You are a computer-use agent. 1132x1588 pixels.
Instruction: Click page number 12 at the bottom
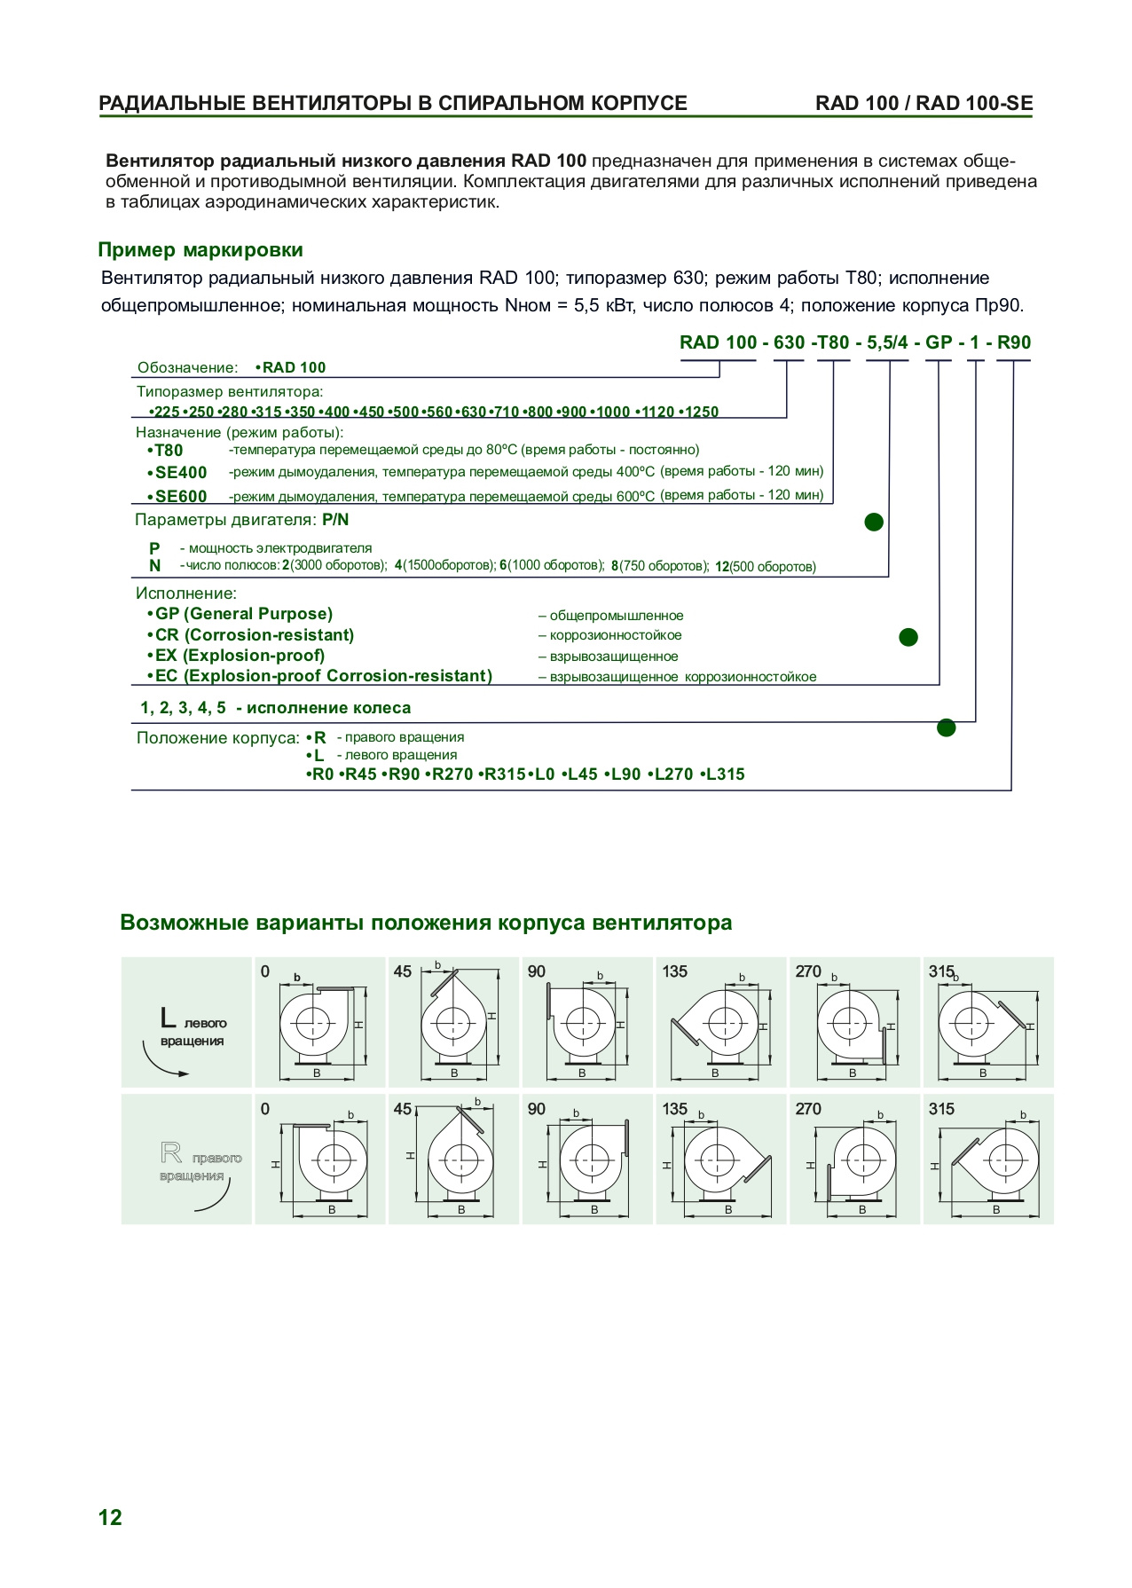pos(110,1517)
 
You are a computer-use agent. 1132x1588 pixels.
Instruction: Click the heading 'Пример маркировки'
pos(200,250)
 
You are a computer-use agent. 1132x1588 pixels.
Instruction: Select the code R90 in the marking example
pos(1014,343)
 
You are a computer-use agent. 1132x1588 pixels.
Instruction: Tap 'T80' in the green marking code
pos(833,343)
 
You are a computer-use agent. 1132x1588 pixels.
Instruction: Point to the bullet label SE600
pos(180,497)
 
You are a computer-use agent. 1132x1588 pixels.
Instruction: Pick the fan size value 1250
pos(702,412)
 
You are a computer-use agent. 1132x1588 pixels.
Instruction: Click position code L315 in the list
pos(724,774)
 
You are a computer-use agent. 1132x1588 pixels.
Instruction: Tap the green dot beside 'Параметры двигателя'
pos(874,522)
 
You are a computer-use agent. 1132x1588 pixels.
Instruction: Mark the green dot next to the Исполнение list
pos(908,637)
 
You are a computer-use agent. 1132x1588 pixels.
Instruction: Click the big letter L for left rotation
pos(169,1018)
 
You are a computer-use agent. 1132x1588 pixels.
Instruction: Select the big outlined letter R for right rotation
pos(171,1153)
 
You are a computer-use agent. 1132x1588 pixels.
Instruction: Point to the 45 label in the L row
pos(403,971)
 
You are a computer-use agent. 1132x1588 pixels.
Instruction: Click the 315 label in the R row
pos(941,1109)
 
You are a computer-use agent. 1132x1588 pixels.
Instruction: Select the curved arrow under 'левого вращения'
pos(163,1064)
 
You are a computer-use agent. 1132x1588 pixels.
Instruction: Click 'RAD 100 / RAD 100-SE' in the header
pos(924,103)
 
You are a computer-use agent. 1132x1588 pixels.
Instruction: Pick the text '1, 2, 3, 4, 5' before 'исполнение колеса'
pos(184,708)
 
